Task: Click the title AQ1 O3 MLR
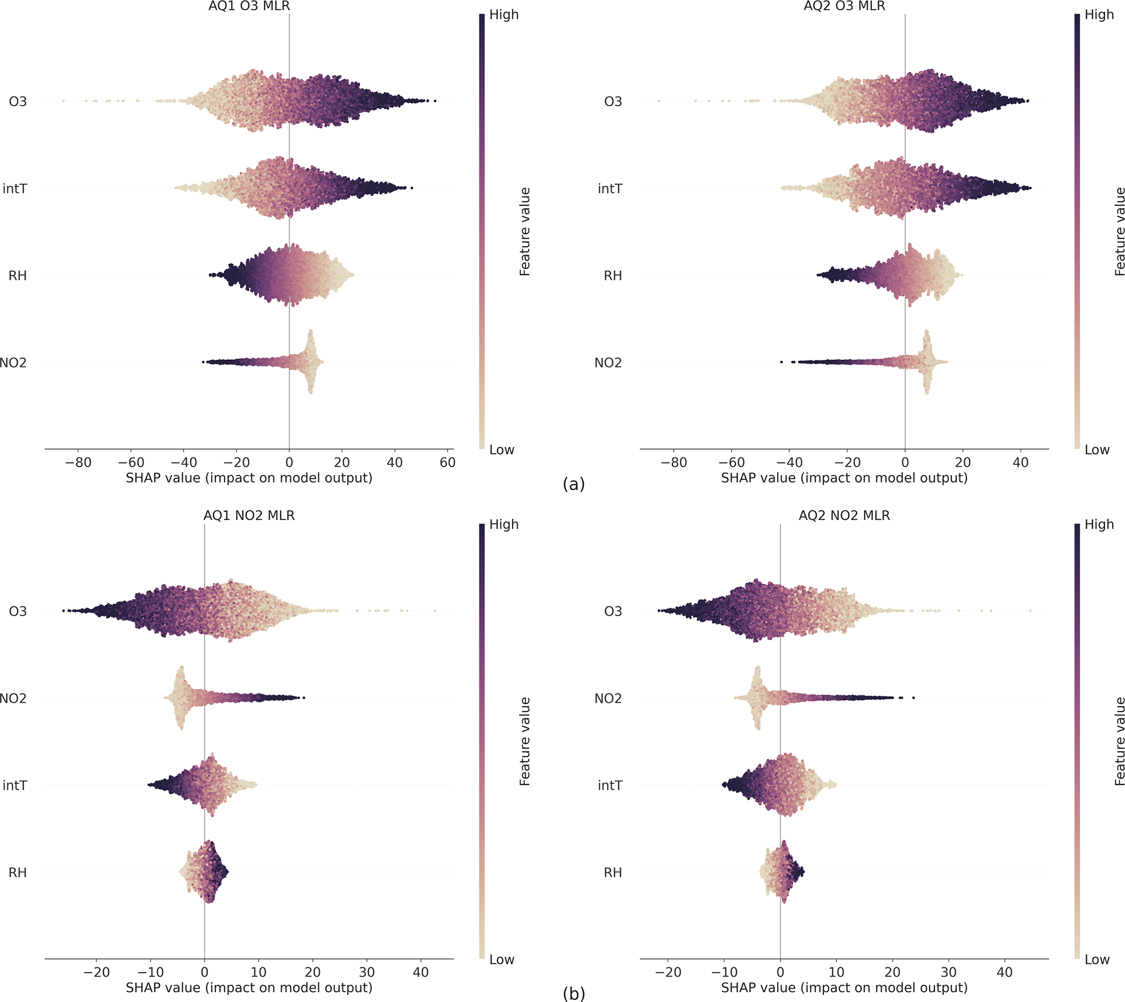coord(249,7)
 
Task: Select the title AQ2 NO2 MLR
coord(844,515)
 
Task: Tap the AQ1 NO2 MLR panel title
coord(249,515)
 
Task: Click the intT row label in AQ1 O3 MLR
coord(15,189)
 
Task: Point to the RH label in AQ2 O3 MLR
coord(612,276)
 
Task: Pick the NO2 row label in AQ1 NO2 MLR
coord(13,699)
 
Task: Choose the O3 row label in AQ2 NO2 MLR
coord(612,611)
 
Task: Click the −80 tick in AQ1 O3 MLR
coord(78,463)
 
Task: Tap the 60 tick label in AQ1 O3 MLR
coord(448,463)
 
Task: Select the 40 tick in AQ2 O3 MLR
coord(1021,463)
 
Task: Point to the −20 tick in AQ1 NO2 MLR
coord(96,972)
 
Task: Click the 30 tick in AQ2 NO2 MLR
coord(948,972)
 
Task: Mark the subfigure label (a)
coord(573,484)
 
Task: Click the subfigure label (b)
coord(573,994)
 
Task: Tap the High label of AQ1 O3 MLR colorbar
coord(504,15)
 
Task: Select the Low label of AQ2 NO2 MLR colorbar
coord(1096,960)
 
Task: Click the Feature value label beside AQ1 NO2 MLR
coord(525,741)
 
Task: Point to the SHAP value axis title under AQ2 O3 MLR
coord(844,478)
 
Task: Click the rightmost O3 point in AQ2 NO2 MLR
coord(1030,611)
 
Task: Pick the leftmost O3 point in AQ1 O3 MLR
coord(63,101)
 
